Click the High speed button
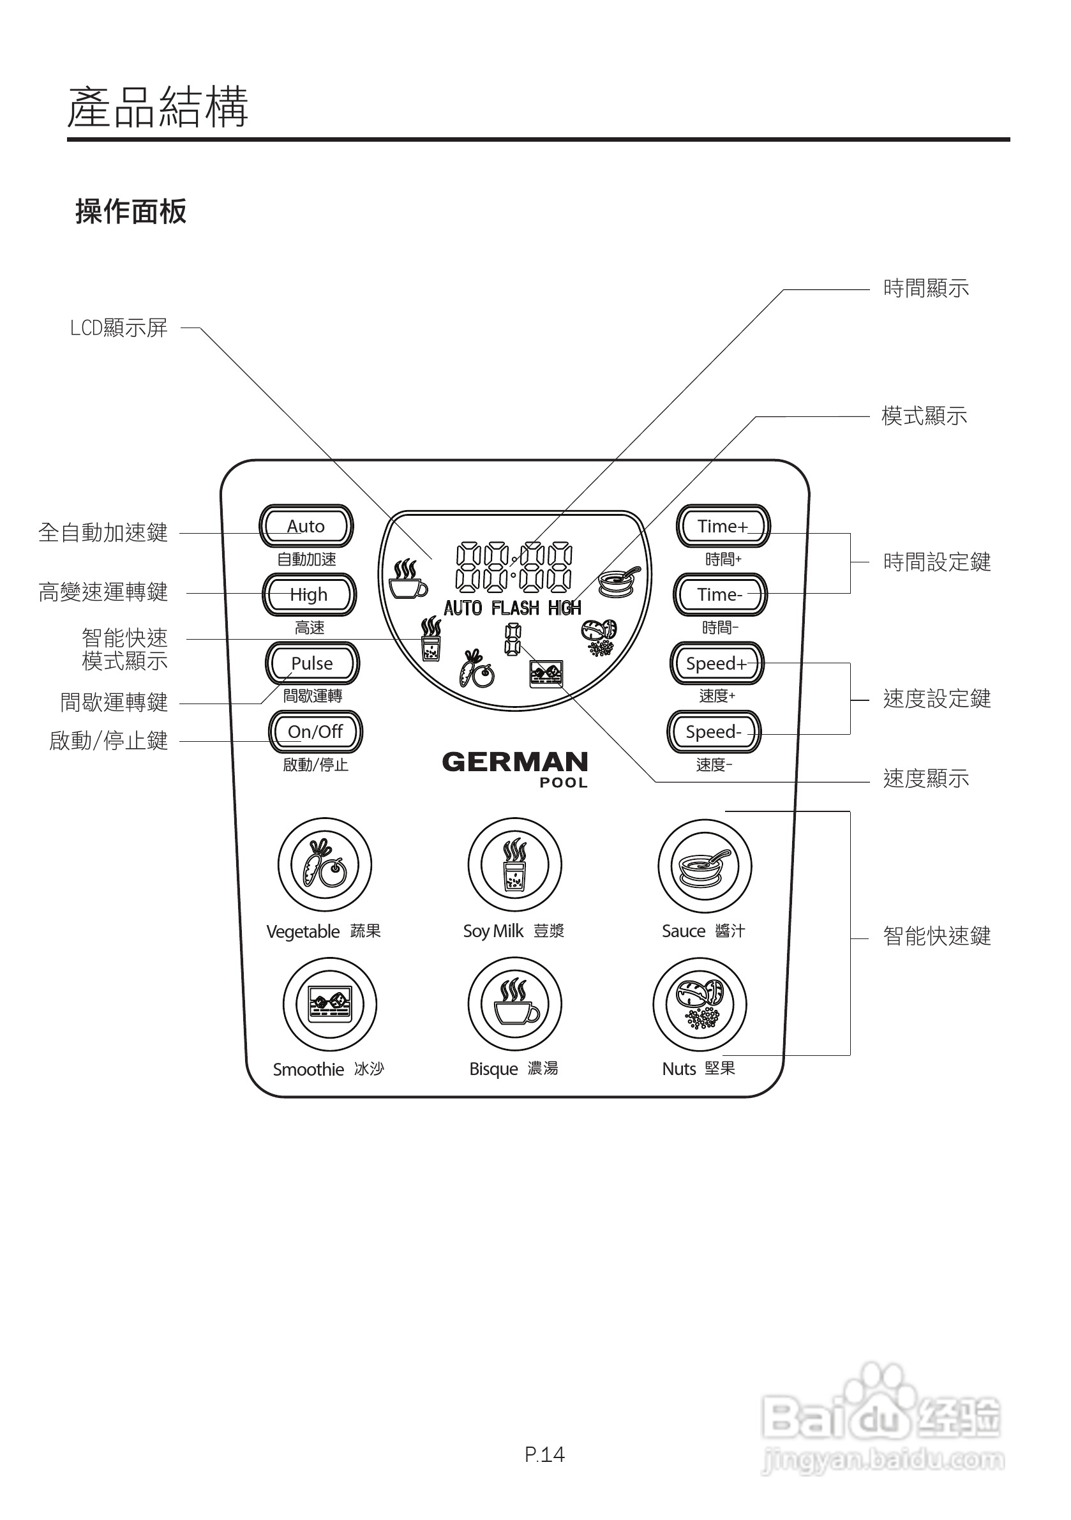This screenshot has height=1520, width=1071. click(x=309, y=594)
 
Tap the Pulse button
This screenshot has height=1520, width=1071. click(x=313, y=663)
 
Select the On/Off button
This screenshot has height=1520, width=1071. click(x=315, y=732)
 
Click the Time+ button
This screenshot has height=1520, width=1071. click(x=722, y=526)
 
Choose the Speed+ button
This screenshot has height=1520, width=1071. click(x=716, y=663)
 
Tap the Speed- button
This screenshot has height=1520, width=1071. click(x=714, y=732)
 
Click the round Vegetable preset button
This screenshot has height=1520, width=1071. click(x=324, y=864)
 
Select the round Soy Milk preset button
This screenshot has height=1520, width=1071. click(x=514, y=864)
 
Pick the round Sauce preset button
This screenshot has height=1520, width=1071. click(x=704, y=866)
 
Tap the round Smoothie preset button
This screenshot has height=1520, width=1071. click(x=329, y=1004)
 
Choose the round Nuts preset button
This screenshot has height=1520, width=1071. click(x=700, y=1004)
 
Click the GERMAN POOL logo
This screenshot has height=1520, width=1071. click(x=515, y=768)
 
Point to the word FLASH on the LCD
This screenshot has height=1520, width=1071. click(x=515, y=608)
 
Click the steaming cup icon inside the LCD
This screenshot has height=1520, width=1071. click(x=407, y=580)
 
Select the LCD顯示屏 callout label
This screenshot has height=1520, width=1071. click(x=119, y=327)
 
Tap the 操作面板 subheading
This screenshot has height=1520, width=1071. click(x=131, y=212)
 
